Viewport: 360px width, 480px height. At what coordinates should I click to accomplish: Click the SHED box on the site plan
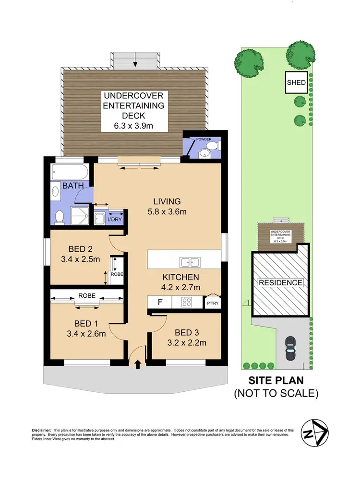point(296,82)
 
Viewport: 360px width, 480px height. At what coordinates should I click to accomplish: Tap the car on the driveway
point(290,348)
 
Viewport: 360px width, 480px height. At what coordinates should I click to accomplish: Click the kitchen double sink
point(190,262)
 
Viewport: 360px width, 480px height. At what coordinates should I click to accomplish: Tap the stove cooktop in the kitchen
point(187,303)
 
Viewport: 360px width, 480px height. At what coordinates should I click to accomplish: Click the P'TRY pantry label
point(212,303)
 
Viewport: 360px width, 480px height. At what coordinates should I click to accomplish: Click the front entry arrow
point(138,364)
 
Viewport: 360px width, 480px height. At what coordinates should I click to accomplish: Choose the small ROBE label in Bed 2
point(117,275)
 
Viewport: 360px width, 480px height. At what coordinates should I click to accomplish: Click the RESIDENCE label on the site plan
point(281,282)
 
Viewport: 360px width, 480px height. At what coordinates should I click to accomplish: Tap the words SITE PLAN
point(276,381)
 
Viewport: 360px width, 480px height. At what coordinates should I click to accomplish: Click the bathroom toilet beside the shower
point(60,217)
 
